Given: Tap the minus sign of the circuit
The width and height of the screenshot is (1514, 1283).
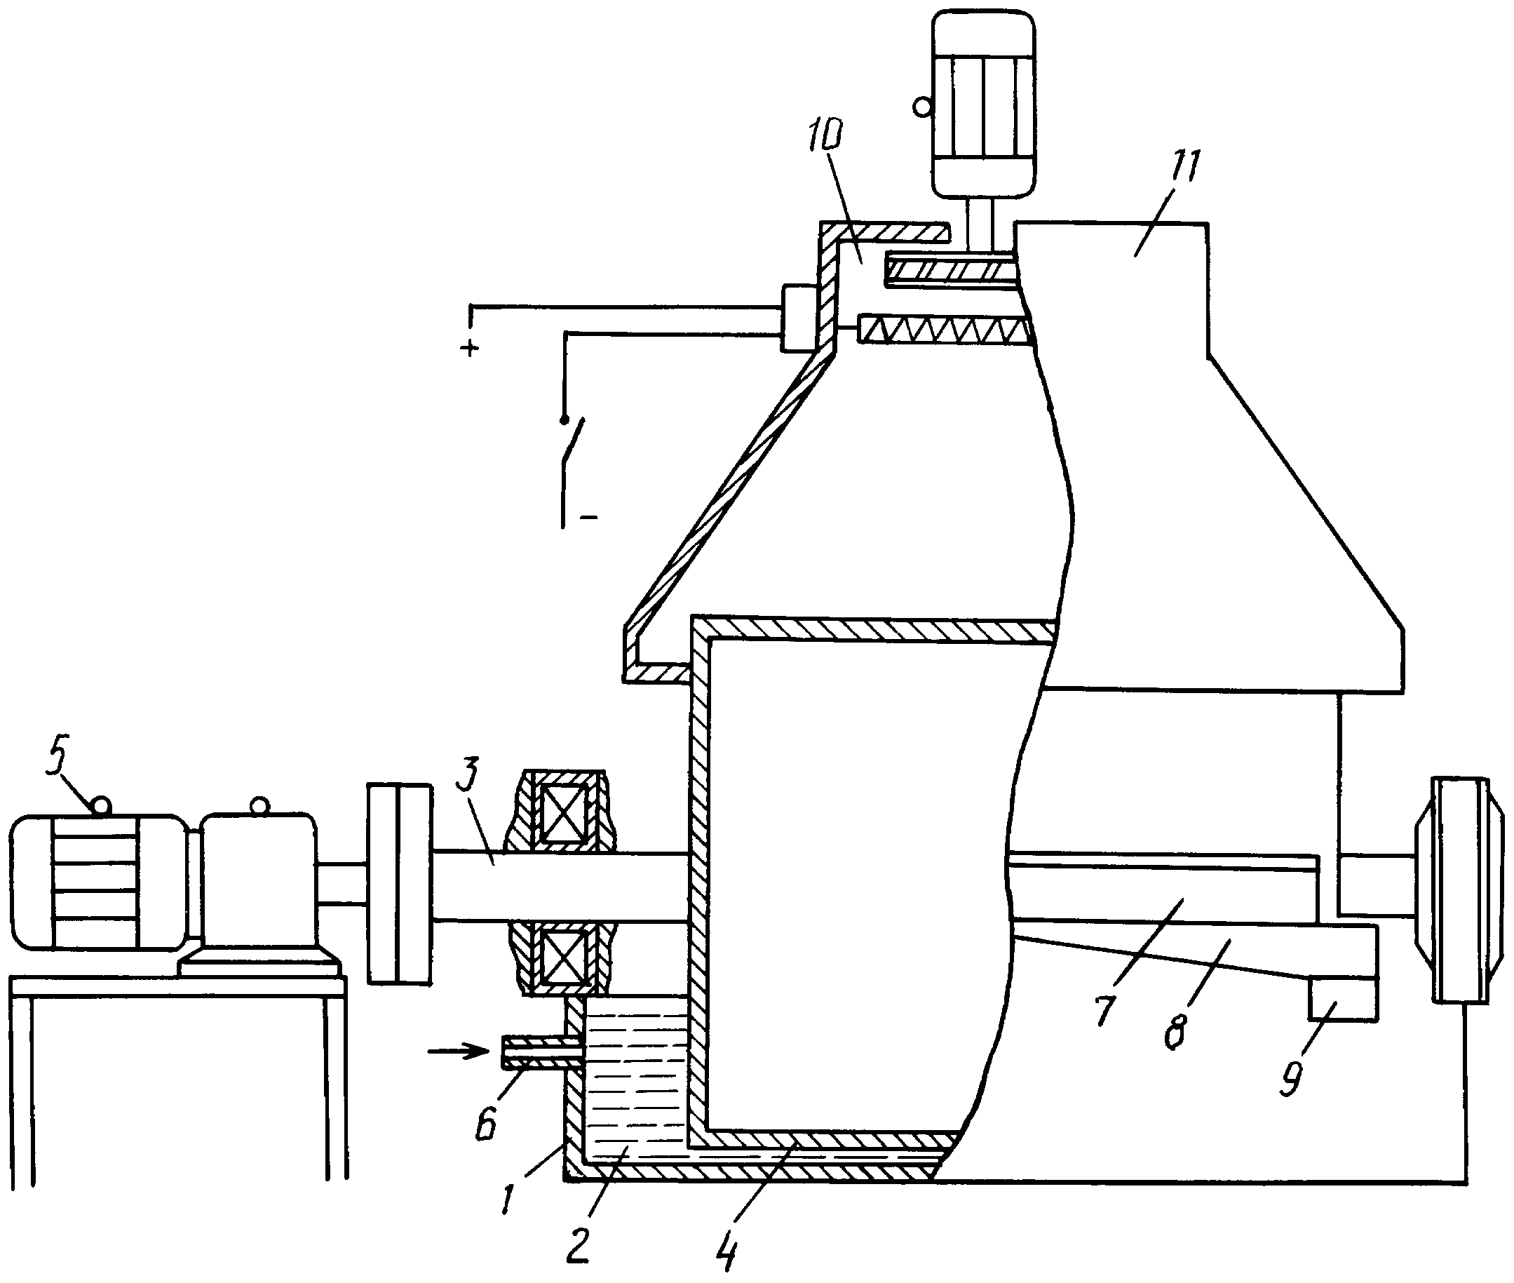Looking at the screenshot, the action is pos(588,518).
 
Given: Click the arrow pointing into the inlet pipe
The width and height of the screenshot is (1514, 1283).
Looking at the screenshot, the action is pos(457,1050).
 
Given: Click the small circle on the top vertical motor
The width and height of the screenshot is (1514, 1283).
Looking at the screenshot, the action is pos(922,107).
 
